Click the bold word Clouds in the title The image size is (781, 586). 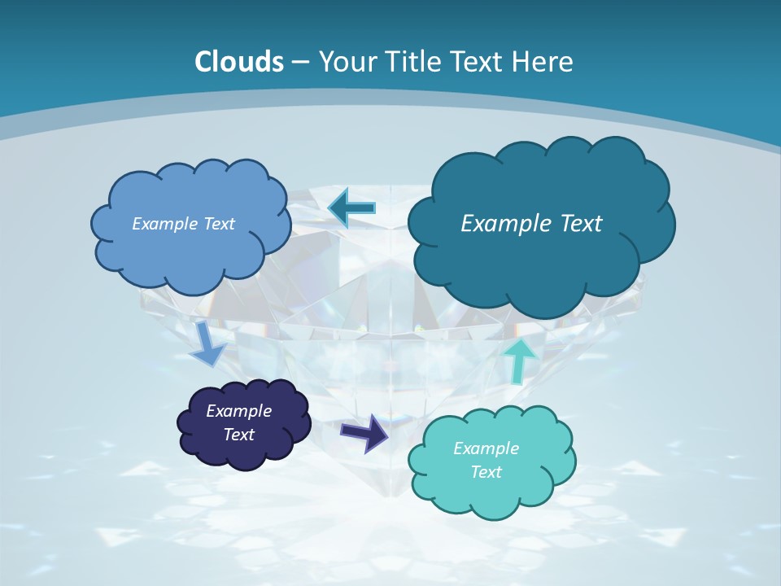click(239, 62)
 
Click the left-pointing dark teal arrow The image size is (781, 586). click(351, 208)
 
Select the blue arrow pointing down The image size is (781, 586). click(207, 344)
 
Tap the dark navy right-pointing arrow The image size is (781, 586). click(364, 431)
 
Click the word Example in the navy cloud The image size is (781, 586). click(239, 411)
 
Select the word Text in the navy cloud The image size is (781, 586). click(239, 435)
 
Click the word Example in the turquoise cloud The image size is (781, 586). click(486, 448)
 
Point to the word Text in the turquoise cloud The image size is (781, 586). click(486, 472)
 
